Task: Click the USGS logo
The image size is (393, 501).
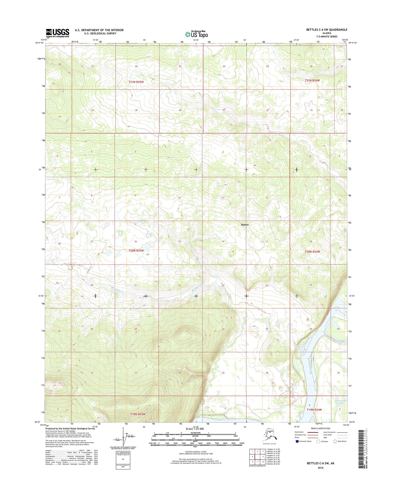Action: click(57, 33)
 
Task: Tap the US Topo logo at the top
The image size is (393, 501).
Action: click(196, 34)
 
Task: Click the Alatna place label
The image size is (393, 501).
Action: click(245, 225)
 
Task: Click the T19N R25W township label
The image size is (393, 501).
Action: click(138, 414)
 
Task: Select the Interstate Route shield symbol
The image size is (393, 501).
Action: click(297, 441)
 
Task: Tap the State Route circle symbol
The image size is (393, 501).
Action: click(335, 441)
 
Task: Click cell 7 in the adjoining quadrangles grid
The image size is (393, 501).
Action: click(258, 462)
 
